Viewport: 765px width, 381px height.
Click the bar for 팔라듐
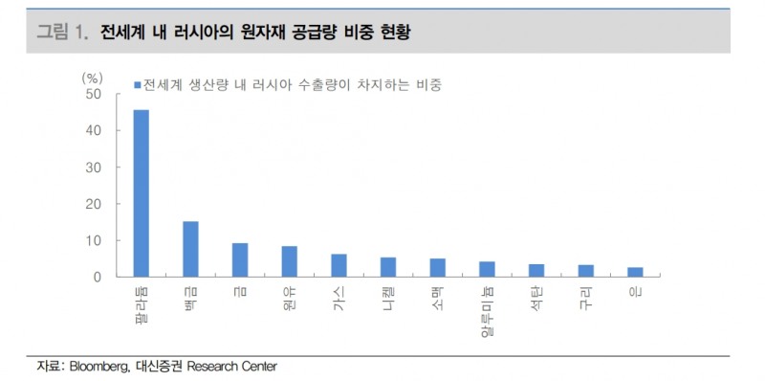point(141,193)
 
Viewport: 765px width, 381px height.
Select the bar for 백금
point(190,249)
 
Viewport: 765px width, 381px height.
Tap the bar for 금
point(240,259)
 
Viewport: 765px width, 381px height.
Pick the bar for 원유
point(289,261)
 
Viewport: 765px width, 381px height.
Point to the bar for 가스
point(339,265)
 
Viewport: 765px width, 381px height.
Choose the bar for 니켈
point(388,267)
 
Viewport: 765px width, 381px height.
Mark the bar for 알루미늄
point(487,269)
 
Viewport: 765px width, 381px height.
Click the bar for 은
point(634,272)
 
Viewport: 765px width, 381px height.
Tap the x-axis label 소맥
point(438,296)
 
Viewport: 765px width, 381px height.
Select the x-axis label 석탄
point(536,296)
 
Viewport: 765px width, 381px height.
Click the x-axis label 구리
point(586,296)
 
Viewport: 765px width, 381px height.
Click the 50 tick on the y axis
point(93,94)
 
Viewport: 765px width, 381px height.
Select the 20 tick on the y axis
point(93,204)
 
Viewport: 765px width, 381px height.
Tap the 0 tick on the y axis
point(97,277)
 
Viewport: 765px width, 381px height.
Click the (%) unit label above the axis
point(92,76)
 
